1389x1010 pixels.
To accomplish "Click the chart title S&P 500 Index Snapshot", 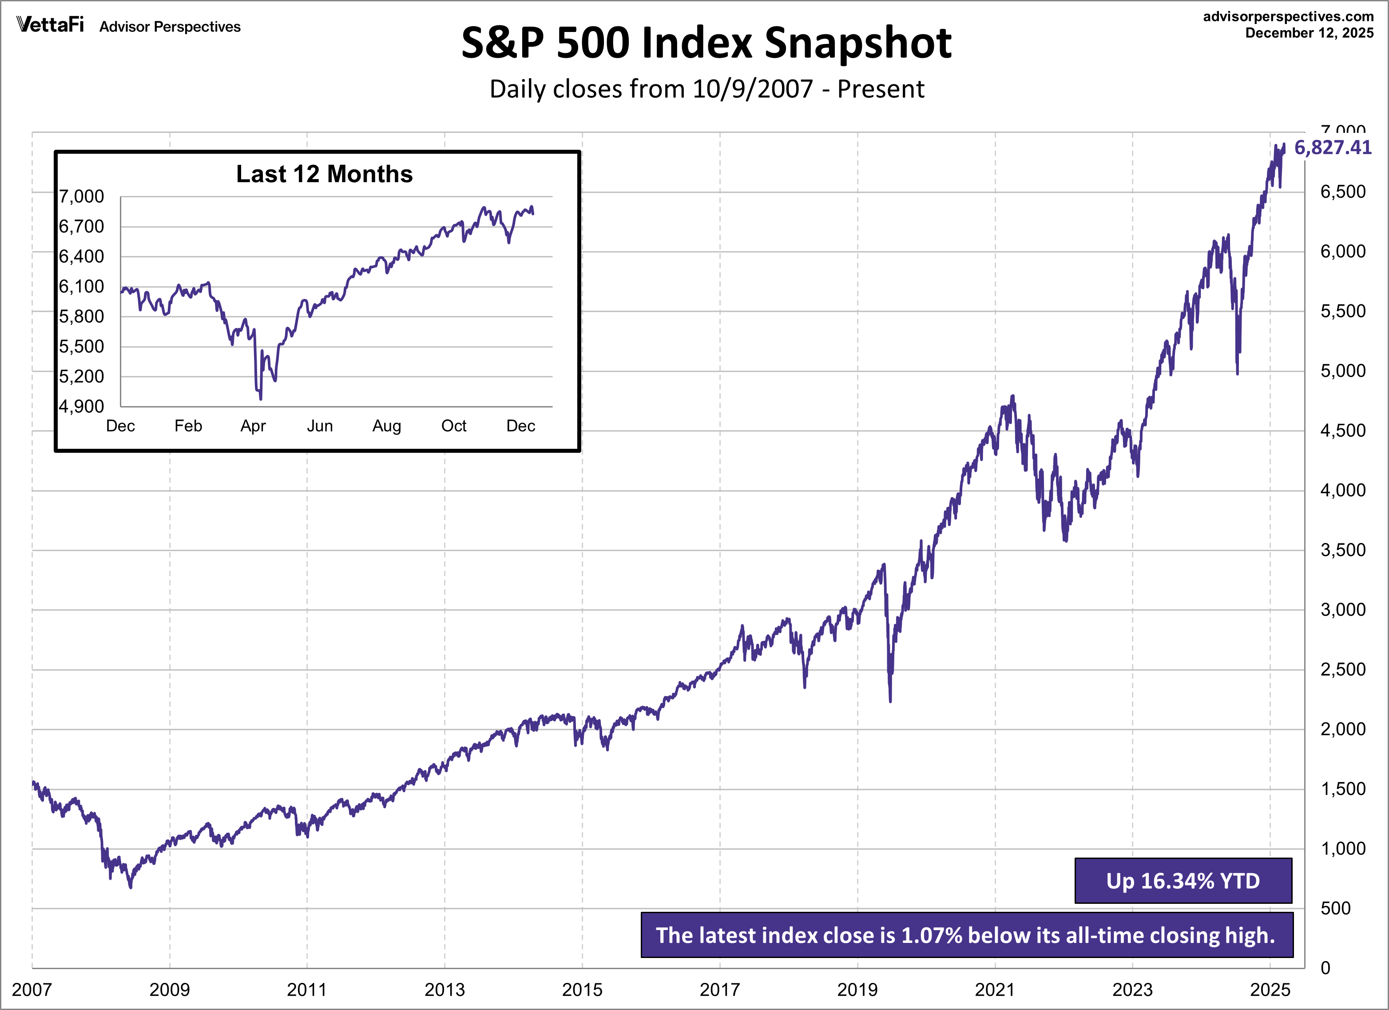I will tap(706, 43).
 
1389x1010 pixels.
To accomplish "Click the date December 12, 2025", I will tap(1310, 33).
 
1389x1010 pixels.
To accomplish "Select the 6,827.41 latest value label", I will tap(1333, 148).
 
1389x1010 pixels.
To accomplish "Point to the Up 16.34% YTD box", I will tap(1183, 881).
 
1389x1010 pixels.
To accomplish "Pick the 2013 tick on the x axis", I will tap(444, 990).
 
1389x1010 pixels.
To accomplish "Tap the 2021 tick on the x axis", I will tap(995, 990).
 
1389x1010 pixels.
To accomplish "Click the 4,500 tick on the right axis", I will tap(1342, 431).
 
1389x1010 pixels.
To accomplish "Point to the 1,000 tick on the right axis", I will tap(1342, 849).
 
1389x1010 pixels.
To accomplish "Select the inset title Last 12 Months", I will tap(324, 174).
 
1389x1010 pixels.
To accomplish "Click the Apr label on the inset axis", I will tap(253, 426).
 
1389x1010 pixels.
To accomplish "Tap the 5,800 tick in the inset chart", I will tap(81, 317).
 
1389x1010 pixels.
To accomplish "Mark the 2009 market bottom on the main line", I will tap(131, 886).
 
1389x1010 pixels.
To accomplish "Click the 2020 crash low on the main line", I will tap(890, 700).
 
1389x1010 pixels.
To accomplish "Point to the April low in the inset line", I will tap(261, 399).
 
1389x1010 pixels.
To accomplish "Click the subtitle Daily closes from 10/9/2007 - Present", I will tap(706, 89).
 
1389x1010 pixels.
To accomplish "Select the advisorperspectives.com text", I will tap(1288, 16).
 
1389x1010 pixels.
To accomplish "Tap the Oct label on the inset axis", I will tap(453, 426).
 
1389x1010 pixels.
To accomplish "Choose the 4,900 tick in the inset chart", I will tap(81, 406).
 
